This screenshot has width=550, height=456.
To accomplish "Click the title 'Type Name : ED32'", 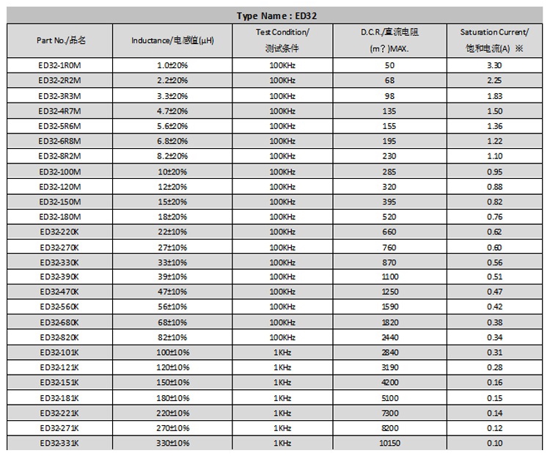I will (276, 15).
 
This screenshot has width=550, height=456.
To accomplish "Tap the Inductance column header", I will (172, 40).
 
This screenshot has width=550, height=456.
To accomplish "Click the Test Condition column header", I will (282, 40).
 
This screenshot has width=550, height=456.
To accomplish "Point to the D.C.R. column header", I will (389, 40).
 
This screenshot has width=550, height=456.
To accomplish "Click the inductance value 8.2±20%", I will (172, 156).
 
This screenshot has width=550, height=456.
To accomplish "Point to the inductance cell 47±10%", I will (172, 292).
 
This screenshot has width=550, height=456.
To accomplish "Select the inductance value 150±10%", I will (172, 383).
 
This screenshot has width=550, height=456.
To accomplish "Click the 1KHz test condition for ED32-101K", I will (282, 353).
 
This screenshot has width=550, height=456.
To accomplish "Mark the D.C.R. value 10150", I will (389, 443).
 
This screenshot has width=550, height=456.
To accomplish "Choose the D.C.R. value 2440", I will (389, 337).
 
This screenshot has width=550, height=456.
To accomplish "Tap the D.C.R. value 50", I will (389, 65).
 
